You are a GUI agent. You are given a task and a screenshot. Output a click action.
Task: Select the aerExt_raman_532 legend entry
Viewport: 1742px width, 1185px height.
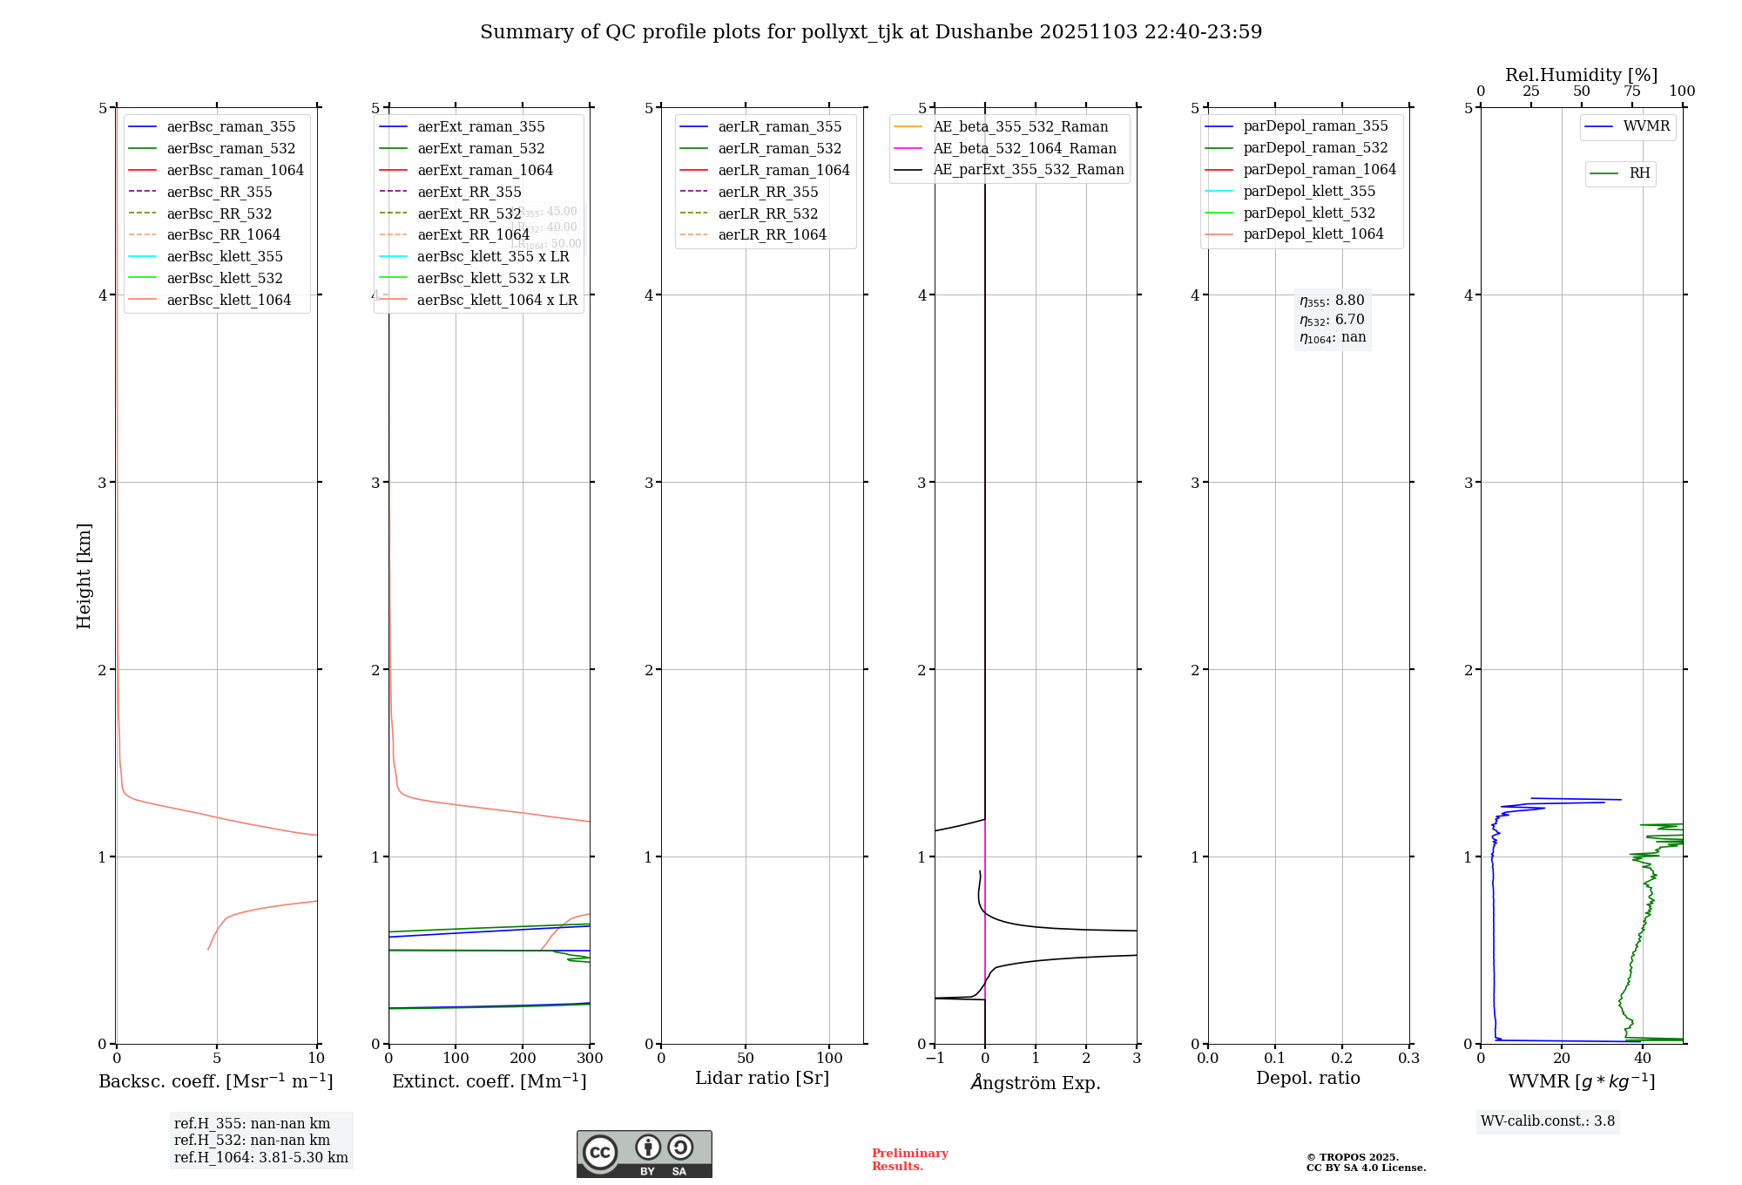481,149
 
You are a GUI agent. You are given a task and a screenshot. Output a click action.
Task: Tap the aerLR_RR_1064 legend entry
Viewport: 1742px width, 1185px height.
772,235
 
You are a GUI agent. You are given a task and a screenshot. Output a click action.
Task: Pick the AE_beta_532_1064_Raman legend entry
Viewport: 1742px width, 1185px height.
1024,149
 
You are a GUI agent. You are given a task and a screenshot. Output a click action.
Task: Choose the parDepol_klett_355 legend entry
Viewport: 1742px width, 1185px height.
1309,192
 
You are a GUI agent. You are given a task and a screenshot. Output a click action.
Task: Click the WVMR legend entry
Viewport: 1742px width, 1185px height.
1646,127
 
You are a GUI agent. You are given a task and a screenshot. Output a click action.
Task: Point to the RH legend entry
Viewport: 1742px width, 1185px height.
1639,174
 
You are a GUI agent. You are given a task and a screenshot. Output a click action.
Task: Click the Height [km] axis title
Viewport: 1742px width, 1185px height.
84,576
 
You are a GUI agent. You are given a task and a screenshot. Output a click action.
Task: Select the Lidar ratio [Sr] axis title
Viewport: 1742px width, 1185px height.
762,1079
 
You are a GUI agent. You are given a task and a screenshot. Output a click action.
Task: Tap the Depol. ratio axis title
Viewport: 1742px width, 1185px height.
1307,1079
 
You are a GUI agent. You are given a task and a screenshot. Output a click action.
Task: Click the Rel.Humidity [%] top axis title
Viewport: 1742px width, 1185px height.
1581,75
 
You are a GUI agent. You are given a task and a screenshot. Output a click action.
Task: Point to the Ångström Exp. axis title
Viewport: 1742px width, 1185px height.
1036,1083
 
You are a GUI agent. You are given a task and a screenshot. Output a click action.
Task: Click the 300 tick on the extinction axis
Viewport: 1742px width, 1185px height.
590,1059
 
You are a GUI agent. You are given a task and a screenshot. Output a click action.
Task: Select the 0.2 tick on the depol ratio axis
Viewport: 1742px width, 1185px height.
1342,1059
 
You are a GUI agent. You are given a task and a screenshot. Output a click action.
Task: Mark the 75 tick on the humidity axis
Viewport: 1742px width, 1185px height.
1632,91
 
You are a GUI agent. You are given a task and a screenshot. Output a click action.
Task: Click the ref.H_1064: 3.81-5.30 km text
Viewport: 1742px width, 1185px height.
261,1158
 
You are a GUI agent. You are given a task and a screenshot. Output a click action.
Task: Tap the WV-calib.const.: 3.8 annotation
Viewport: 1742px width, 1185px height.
1548,1121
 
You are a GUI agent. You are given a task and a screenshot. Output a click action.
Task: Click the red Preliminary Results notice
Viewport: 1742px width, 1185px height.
909,1160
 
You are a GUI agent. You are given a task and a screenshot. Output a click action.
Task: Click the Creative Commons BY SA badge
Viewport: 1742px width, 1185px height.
644,1155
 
